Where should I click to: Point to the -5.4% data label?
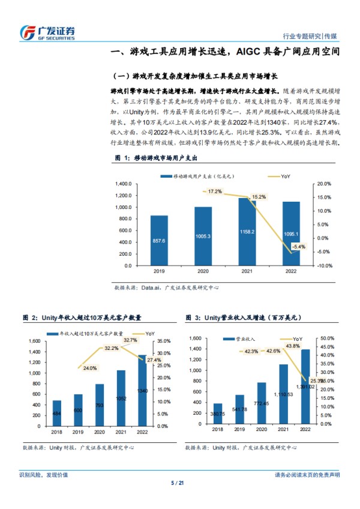(298, 246)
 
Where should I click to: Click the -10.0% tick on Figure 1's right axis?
(324, 266)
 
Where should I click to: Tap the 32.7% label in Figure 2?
(130, 340)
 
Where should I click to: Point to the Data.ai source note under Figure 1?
(166, 288)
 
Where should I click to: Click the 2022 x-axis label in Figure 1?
(291, 271)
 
